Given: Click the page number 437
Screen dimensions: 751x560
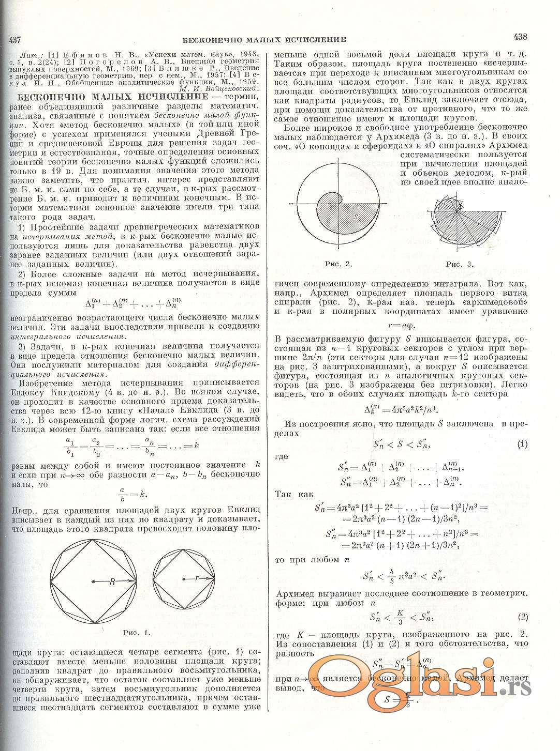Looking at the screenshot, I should tap(12, 40).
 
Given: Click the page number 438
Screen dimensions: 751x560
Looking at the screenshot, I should tap(520, 37).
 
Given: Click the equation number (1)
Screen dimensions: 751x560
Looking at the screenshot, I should tap(522, 444).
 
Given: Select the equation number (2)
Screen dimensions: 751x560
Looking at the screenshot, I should tap(522, 617).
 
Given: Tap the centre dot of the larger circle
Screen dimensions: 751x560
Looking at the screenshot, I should tap(93, 582).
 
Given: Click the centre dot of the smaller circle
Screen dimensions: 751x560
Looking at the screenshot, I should tap(184, 578).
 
